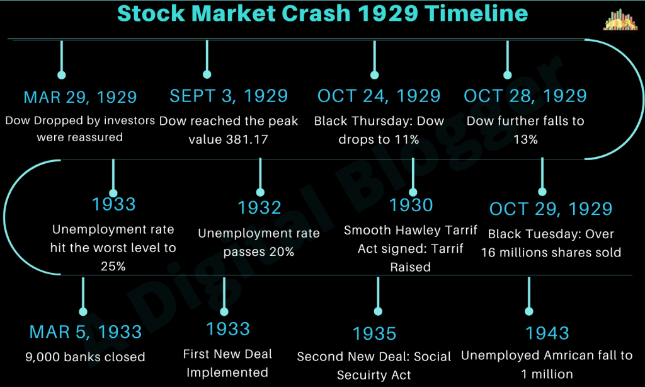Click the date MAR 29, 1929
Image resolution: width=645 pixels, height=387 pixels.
tap(80, 97)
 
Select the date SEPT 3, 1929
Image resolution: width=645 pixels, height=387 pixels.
tap(229, 96)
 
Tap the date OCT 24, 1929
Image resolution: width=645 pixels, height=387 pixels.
tap(379, 96)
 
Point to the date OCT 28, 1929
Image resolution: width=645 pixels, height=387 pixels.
tap(525, 96)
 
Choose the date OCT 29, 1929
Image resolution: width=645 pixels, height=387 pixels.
tap(551, 209)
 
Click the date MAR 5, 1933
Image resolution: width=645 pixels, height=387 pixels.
tap(86, 332)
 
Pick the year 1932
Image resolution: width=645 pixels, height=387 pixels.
tap(259, 207)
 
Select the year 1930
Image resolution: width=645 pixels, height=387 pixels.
tap(411, 205)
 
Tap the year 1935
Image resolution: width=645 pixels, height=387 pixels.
tap(374, 333)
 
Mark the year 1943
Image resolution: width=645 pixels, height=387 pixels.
tap(547, 332)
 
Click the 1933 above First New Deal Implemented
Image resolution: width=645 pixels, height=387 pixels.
tap(228, 328)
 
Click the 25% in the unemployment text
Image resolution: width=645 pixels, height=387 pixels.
tap(113, 266)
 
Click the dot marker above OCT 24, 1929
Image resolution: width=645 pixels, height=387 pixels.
tap(375, 75)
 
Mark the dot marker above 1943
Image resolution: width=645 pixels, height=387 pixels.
tap(528, 310)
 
